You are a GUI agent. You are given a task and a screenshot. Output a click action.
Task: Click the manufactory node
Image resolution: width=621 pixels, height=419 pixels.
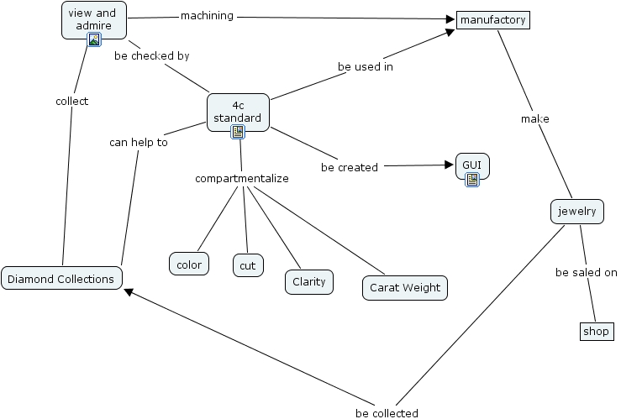pos(493,19)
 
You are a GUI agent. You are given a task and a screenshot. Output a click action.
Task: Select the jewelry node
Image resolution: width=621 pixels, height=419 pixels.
pos(576,211)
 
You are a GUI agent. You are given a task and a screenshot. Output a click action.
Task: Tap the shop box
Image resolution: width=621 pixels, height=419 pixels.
pos(597,332)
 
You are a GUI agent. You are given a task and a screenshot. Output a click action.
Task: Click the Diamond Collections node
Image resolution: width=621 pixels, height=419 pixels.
pos(62,279)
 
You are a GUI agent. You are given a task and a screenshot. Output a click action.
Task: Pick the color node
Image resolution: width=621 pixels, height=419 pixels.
pos(189,264)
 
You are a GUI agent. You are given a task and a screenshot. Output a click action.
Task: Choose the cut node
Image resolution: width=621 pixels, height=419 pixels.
pos(247,265)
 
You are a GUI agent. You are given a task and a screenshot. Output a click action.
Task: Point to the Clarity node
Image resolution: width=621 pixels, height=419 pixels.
pos(308,282)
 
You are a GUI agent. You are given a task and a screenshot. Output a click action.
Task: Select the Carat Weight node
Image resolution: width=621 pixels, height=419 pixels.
pos(404,288)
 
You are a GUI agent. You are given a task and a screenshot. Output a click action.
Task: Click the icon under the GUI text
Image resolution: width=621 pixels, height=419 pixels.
pos(472,179)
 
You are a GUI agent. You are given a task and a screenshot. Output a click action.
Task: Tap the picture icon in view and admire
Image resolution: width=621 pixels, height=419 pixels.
pos(94,39)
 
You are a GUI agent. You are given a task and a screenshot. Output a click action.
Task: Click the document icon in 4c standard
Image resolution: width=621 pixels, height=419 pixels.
pos(238,132)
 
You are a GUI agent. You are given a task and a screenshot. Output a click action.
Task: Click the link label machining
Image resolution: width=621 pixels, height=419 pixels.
pos(207,16)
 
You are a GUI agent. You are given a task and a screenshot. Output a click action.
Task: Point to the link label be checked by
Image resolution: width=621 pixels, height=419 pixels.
pos(151,56)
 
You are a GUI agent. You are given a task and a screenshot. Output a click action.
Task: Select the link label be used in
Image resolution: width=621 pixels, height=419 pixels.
pos(365,66)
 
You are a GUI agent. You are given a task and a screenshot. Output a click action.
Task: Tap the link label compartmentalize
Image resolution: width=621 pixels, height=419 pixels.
pos(242,179)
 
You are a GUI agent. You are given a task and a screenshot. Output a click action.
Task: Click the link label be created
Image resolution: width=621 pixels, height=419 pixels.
pos(350,167)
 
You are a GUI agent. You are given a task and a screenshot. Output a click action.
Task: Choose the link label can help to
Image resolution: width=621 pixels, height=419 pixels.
pos(139,142)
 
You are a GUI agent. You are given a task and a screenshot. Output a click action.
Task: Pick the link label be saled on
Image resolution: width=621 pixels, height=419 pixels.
pos(587,273)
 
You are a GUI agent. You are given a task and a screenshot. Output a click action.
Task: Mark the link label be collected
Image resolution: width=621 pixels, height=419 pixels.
pos(387,413)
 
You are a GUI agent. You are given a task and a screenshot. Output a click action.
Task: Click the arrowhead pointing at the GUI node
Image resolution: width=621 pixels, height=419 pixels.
pos(448,165)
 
